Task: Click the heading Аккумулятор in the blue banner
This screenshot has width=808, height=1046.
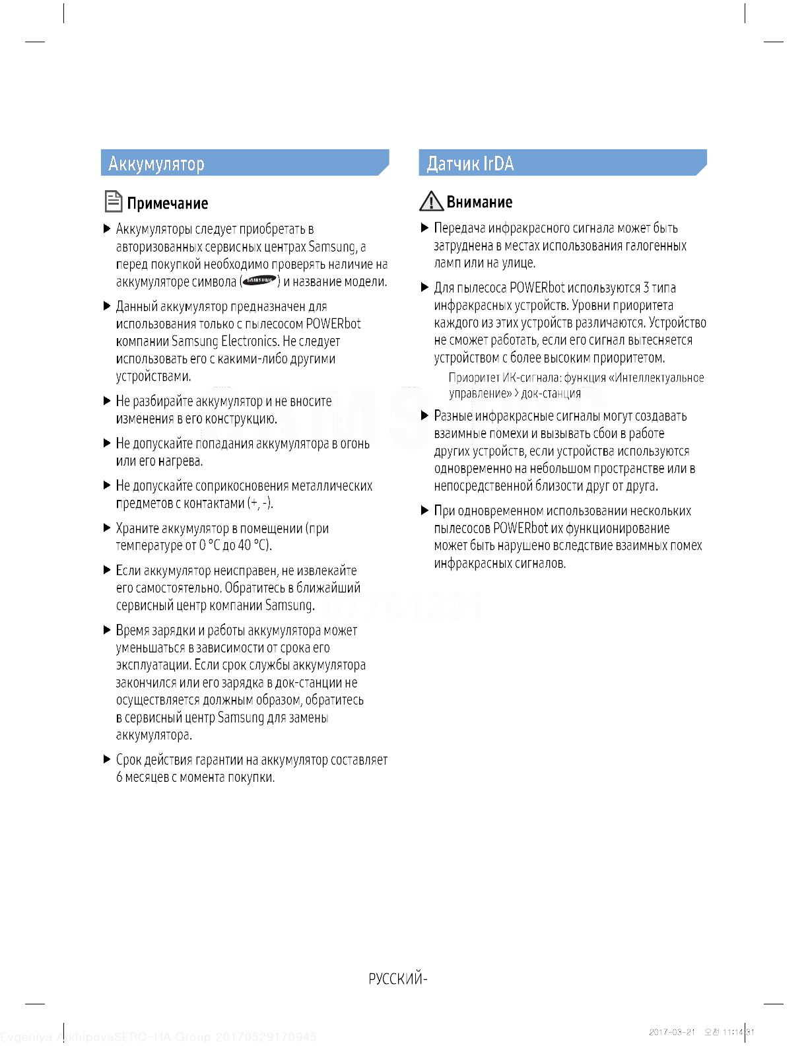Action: coord(156,164)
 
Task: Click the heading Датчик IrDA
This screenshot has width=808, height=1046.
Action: coord(470,164)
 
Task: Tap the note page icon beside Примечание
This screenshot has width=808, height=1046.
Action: coord(114,201)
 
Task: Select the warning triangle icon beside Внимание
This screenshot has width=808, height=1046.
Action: coord(431,201)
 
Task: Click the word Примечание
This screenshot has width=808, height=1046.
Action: coord(168,203)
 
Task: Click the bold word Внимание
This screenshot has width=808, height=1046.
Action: coord(479,202)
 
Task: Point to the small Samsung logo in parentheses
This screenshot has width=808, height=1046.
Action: coord(259,281)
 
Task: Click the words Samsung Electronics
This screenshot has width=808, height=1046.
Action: coord(224,341)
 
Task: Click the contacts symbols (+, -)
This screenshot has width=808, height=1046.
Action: coord(260,503)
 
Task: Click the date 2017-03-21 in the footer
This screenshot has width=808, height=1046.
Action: coord(671,1032)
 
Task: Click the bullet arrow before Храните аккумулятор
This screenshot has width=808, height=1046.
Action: coord(107,528)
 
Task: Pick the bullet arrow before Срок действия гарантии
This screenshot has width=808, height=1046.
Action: coord(107,759)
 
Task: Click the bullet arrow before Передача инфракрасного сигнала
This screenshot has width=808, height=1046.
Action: coord(425,228)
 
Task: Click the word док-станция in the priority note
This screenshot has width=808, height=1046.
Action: coord(551,394)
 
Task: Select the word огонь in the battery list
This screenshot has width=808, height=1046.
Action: coord(355,444)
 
